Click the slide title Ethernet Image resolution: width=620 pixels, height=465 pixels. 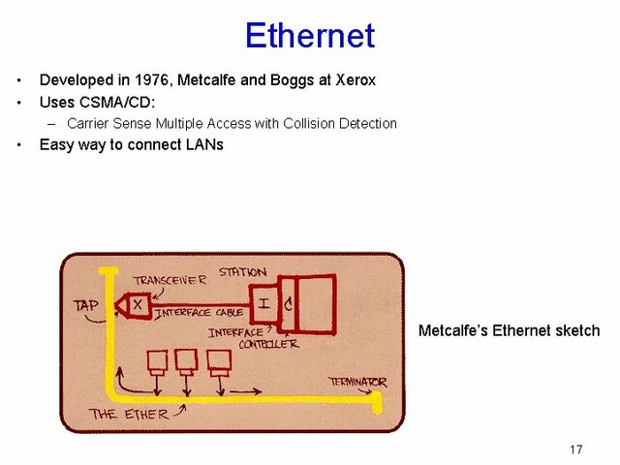click(x=309, y=36)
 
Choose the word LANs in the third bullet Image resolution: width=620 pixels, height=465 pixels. click(x=202, y=144)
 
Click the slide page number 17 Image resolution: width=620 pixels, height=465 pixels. click(x=576, y=449)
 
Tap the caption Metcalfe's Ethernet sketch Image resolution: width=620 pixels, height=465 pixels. click(x=509, y=330)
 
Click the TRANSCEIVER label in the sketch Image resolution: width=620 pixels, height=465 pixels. click(x=170, y=280)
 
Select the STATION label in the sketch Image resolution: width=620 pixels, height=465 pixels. click(x=241, y=272)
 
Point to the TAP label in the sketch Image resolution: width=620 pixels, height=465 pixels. click(x=87, y=305)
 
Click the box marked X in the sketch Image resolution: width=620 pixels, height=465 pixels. click(x=138, y=304)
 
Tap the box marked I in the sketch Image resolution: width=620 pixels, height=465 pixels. click(x=263, y=305)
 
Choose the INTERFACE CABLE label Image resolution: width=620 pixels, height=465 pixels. click(x=199, y=313)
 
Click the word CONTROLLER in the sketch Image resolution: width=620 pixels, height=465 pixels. click(x=268, y=343)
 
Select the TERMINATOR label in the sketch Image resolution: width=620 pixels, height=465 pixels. click(x=357, y=382)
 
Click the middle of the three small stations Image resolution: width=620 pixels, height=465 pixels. click(x=187, y=360)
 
